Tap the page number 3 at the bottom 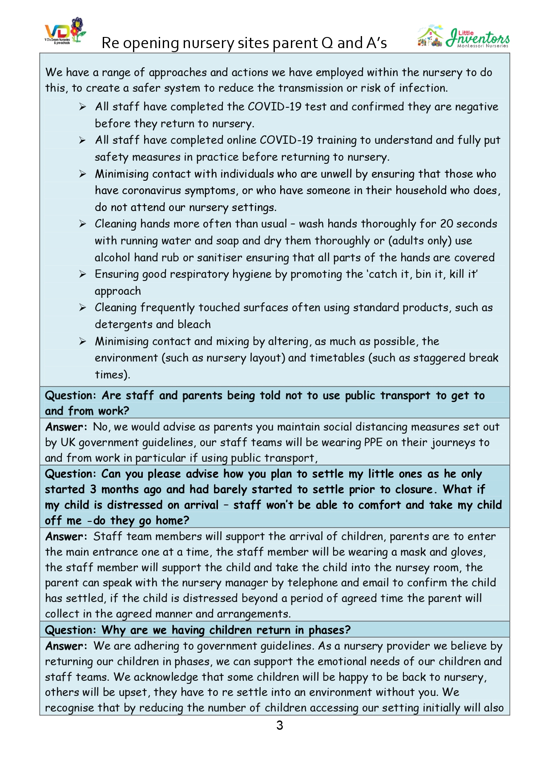(279, 725)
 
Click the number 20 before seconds (447, 224)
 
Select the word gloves (467, 552)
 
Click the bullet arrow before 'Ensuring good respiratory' (83, 274)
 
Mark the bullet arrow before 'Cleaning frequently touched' (83, 308)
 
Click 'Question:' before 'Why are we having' (70, 630)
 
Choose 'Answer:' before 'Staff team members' (67, 537)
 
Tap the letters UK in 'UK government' (68, 442)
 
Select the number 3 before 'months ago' (93, 489)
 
